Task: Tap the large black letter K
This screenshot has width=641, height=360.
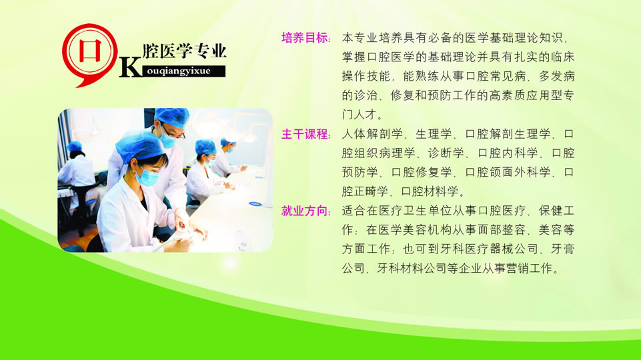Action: coord(131,66)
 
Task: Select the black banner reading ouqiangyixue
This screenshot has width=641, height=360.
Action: coord(183,71)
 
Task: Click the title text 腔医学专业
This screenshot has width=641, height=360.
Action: coord(184,51)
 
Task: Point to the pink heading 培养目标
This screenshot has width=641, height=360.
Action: coord(305,38)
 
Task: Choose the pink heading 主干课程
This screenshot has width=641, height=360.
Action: coord(305,134)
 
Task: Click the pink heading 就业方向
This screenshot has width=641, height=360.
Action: coord(305,211)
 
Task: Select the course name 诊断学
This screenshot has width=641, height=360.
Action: coord(446,153)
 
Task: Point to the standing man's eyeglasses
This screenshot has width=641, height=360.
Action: coord(173,133)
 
